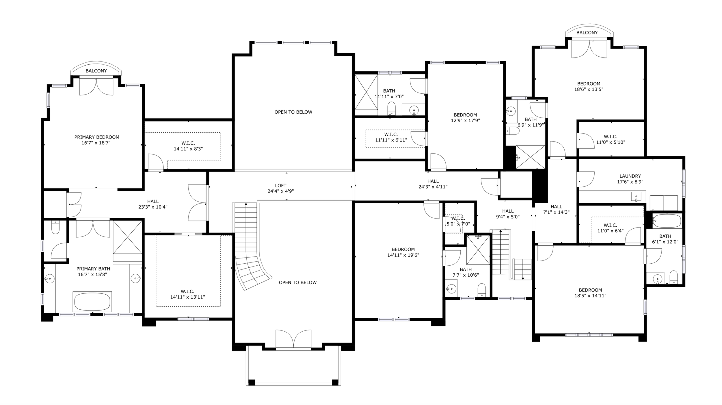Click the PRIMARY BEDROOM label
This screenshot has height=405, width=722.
click(97, 137)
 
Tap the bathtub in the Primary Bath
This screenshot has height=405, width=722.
click(92, 302)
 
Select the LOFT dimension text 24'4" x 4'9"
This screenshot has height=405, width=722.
click(280, 191)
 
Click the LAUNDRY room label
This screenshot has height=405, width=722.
click(630, 176)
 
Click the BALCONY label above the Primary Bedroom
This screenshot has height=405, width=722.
click(96, 71)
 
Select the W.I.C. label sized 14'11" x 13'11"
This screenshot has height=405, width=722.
click(187, 291)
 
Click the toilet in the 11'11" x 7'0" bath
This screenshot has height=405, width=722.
click(391, 108)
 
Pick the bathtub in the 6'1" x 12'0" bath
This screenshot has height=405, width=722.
click(667, 221)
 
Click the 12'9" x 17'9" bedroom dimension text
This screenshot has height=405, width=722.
click(465, 121)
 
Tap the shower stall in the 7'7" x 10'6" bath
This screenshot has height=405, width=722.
click(478, 250)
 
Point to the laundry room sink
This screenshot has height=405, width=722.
click(636, 197)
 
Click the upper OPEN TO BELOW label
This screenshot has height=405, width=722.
click(293, 112)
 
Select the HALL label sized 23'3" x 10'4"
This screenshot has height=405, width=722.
click(153, 201)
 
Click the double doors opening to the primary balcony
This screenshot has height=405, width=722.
click(96, 86)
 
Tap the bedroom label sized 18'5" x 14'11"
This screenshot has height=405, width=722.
click(590, 290)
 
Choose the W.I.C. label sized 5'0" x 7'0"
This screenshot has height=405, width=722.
click(458, 218)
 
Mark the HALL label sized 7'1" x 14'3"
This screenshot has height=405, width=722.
click(556, 207)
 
